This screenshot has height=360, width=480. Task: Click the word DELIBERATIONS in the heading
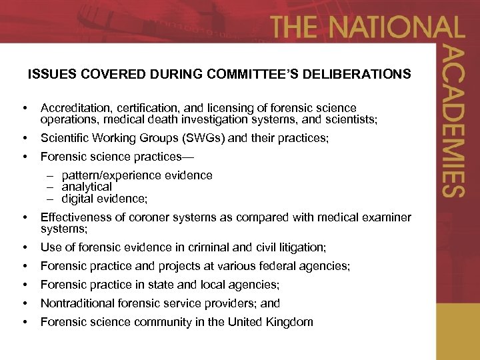click(x=356, y=74)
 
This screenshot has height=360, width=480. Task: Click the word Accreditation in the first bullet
click(x=73, y=108)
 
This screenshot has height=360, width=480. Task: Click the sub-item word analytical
click(x=87, y=187)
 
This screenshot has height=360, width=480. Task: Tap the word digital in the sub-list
click(x=77, y=198)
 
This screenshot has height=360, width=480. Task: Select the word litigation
click(x=300, y=247)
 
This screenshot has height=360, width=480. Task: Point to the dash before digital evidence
click(x=49, y=199)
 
